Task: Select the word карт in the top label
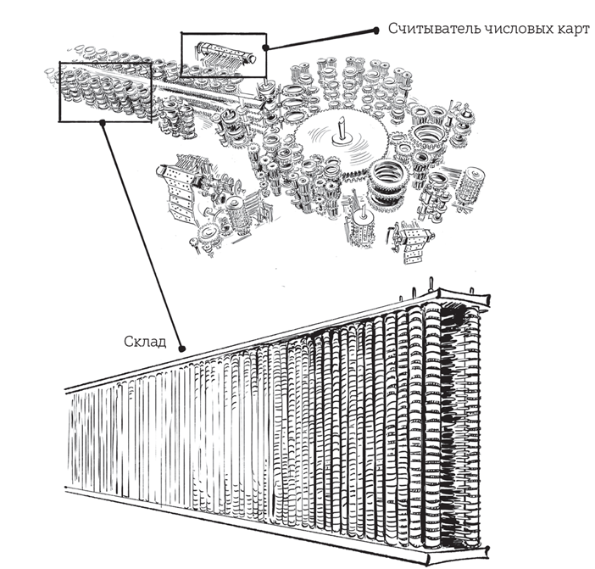pyautogui.click(x=574, y=30)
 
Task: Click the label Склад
pyautogui.click(x=145, y=342)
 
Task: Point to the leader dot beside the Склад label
pyautogui.click(x=182, y=349)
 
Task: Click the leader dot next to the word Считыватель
pyautogui.click(x=375, y=31)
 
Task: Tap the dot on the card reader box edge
pyautogui.click(x=265, y=47)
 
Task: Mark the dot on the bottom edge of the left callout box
pyautogui.click(x=102, y=122)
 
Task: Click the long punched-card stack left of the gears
pyautogui.click(x=178, y=193)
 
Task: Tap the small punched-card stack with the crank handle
pyautogui.click(x=412, y=243)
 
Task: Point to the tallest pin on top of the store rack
pyautogui.click(x=431, y=283)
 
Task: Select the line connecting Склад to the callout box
pyautogui.click(x=142, y=236)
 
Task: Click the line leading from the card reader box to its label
pyautogui.click(x=320, y=39)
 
